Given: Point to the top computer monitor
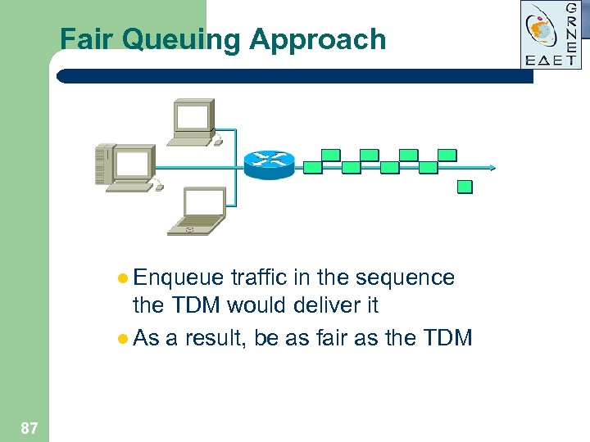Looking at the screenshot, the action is (x=193, y=120).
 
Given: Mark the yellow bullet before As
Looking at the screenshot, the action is (x=123, y=336).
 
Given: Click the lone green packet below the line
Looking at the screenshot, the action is (x=465, y=187).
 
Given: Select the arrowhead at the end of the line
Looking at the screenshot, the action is (x=493, y=167).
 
